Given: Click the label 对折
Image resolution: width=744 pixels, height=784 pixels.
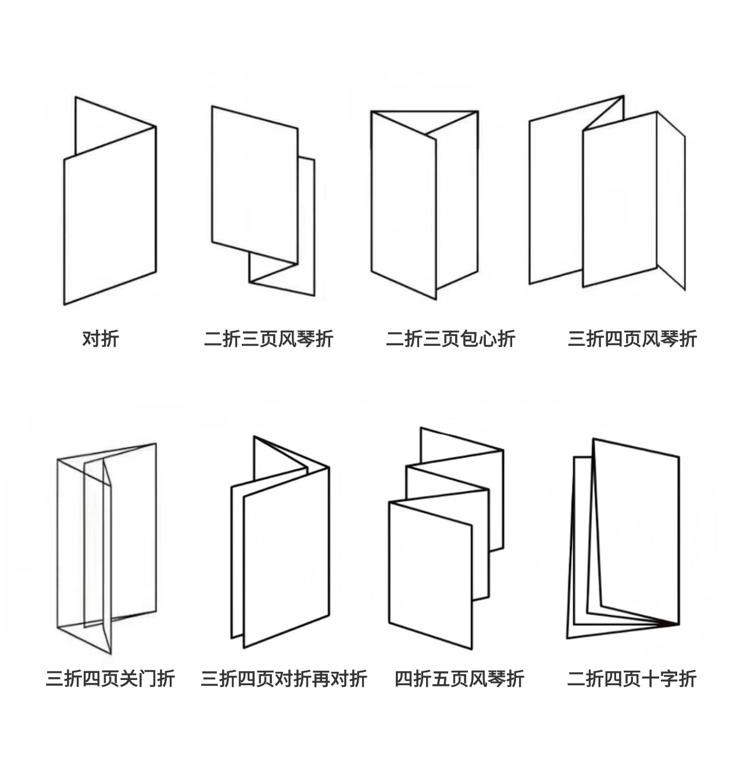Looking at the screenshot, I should coord(101,338).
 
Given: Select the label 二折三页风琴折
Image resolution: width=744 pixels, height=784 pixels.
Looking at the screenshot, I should coord(269,338).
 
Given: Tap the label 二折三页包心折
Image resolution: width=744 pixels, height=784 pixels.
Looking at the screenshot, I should coord(450,338).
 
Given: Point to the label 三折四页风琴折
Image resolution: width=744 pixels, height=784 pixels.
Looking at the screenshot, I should coord(632,338).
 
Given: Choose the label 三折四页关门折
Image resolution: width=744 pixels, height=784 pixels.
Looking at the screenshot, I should coord(110,678).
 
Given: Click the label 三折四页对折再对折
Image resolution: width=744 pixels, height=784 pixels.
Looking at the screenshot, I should coord(284,678).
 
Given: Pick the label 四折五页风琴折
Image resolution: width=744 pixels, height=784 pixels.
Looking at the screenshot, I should coord(459,678).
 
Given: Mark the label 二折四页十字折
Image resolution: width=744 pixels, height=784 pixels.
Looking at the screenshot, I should coord(632,678).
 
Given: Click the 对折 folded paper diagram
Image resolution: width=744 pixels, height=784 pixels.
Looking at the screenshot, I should coord(110,215).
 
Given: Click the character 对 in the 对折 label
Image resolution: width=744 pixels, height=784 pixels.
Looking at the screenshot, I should coord(91,338).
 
